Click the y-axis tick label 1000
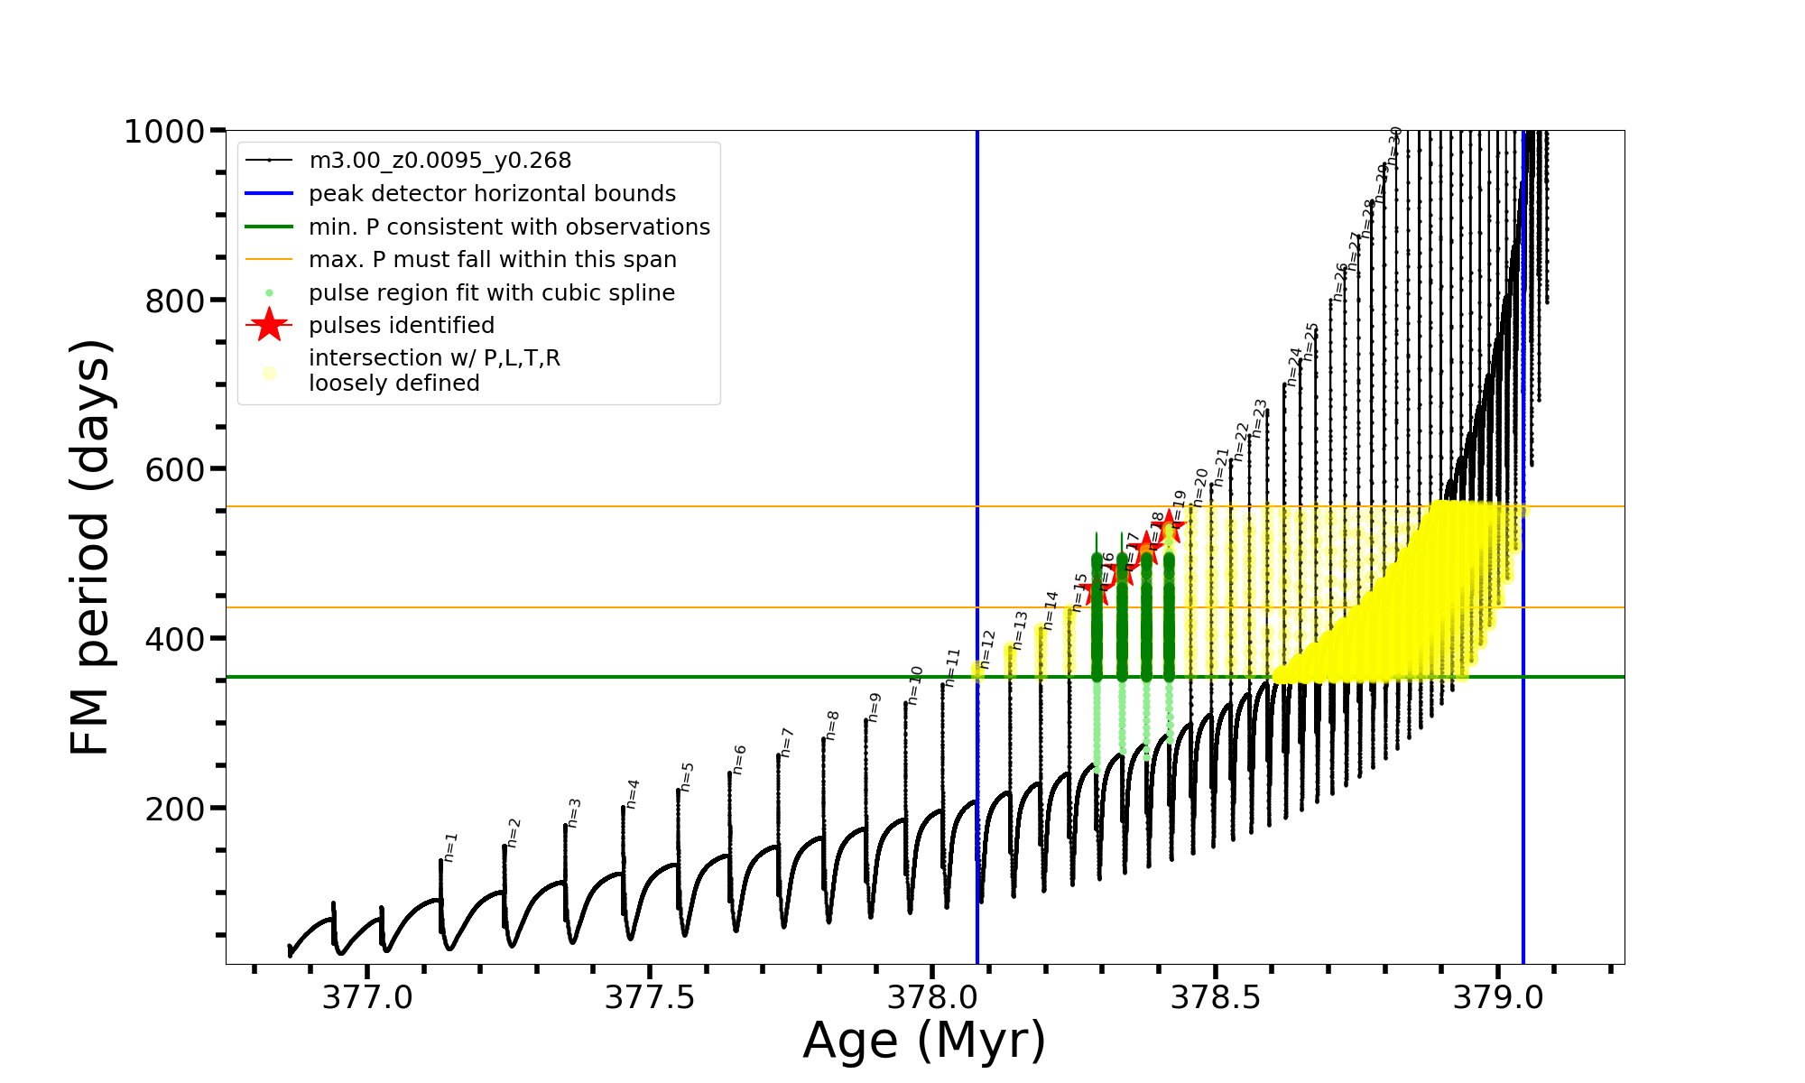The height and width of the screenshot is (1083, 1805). click(164, 132)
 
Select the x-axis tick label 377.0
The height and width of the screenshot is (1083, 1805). click(367, 997)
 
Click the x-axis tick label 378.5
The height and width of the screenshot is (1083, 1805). click(1216, 997)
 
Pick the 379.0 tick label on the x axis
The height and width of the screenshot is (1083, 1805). click(1498, 997)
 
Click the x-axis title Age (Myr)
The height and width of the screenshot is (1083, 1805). click(924, 1041)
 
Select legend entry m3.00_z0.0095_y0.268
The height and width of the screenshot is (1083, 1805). click(440, 161)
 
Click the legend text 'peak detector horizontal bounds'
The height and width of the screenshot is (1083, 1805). click(492, 194)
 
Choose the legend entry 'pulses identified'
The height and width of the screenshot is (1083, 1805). click(402, 326)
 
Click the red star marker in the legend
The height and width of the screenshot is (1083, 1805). click(269, 325)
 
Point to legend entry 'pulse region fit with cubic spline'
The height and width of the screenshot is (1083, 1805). click(492, 293)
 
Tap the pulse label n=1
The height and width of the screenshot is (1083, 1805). click(451, 847)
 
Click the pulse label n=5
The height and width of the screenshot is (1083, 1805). click(688, 776)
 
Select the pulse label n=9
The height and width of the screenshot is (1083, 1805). click(875, 707)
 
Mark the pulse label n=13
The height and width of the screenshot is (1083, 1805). click(1021, 630)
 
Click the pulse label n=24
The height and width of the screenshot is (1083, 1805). click(1295, 366)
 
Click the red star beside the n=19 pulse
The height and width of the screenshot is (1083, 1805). click(1170, 524)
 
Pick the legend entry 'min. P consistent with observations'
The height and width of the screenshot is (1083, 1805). click(509, 227)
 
